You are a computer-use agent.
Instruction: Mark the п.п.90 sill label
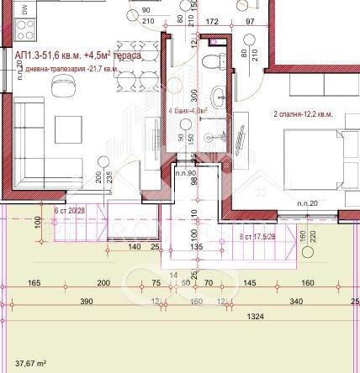click(x=185, y=173)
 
